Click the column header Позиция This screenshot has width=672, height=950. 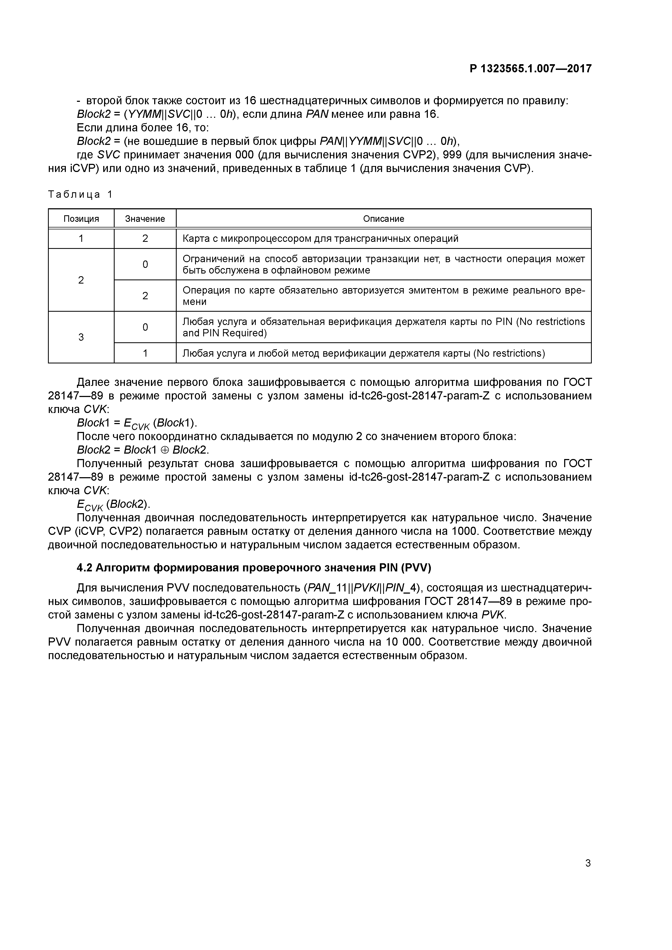tap(81, 219)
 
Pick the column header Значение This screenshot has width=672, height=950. tap(145, 219)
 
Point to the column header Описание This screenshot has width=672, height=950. tap(383, 219)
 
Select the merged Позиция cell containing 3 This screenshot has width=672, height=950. tap(81, 337)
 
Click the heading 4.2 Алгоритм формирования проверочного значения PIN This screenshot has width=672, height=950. tap(254, 568)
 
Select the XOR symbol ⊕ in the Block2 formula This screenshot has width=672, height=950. tap(166, 450)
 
